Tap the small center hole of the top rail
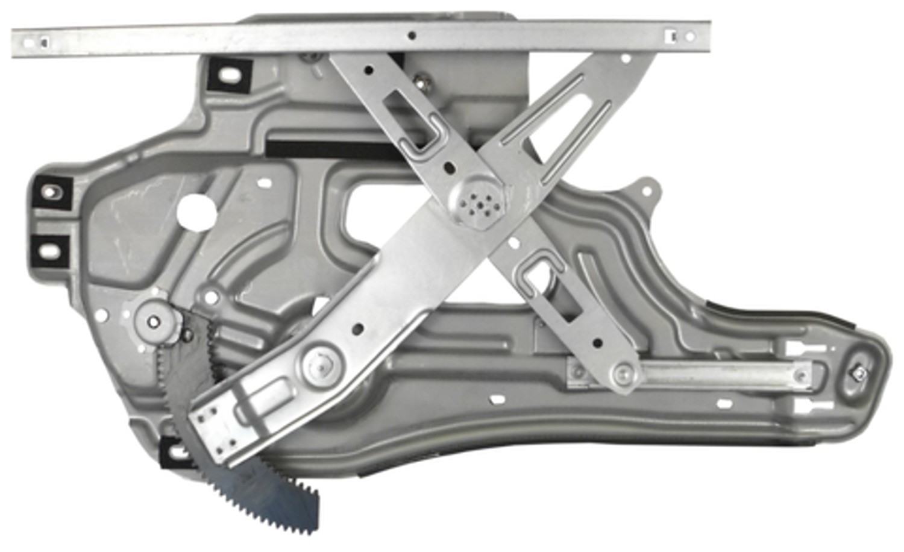click(412, 36)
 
